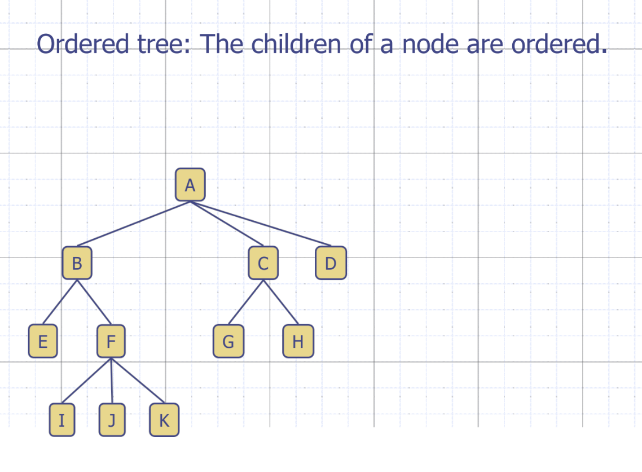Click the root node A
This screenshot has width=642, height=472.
190,185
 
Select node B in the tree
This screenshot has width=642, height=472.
77,263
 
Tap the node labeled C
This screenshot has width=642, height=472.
263,263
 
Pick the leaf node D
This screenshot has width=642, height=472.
331,263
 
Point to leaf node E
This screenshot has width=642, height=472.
43,342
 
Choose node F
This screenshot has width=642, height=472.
111,342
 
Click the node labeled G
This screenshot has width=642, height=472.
228,342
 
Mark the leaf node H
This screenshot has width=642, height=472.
298,342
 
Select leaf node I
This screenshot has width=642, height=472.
62,420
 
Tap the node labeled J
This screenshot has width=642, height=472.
112,420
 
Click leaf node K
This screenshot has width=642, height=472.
164,420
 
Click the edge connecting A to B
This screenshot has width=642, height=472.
134,224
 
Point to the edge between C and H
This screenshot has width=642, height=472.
280,302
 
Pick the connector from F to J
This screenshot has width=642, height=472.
112,381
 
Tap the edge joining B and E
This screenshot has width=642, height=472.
60,302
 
